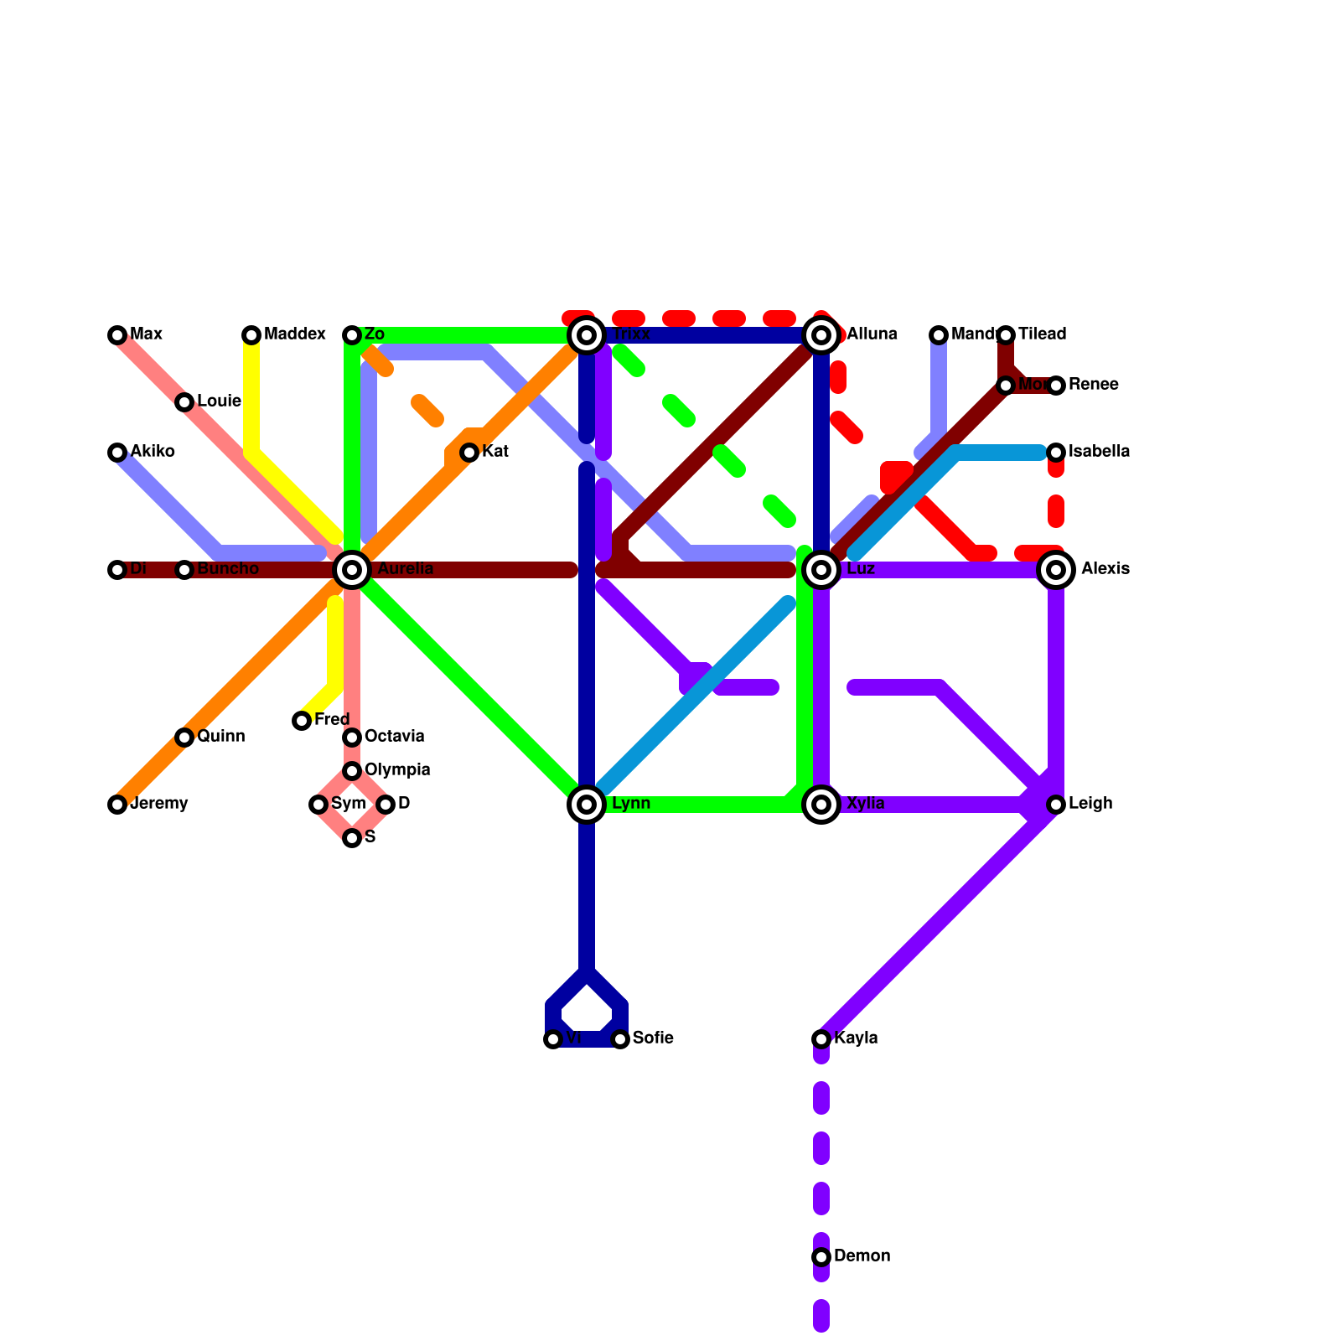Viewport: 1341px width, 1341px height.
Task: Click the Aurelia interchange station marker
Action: click(353, 570)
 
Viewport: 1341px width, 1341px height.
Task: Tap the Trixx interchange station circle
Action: click(588, 335)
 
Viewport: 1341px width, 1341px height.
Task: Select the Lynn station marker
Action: click(588, 805)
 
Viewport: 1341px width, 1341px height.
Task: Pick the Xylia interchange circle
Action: click(822, 805)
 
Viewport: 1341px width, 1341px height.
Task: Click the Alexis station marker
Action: click(1057, 570)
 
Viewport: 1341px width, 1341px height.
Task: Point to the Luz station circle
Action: click(822, 570)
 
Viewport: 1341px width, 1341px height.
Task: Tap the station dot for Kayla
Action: click(821, 1039)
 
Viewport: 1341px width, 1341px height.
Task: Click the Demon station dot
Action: click(821, 1257)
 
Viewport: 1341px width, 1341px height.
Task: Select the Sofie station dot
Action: click(620, 1039)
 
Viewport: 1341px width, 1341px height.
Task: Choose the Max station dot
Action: click(117, 335)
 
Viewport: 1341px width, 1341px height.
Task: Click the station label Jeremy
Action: click(159, 805)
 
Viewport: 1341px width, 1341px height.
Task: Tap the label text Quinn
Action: click(221, 738)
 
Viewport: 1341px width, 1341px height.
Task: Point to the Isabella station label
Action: click(1099, 453)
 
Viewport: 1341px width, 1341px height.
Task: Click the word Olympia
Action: click(397, 770)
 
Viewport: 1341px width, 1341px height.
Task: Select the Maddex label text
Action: click(294, 335)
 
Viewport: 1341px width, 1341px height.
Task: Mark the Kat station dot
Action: click(469, 453)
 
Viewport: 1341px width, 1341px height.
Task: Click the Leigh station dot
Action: click(1056, 805)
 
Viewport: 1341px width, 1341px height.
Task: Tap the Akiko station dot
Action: click(117, 453)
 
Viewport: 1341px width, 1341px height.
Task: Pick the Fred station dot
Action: click(302, 721)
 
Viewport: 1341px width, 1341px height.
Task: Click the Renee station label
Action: click(1093, 386)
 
